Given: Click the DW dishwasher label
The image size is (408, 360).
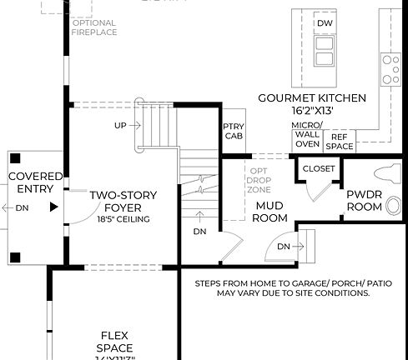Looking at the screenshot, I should [x=325, y=22].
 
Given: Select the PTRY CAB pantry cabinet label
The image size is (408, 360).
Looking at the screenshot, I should [x=234, y=132].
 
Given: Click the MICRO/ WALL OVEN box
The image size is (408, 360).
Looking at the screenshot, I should [x=306, y=135].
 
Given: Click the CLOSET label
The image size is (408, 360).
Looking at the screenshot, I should [x=318, y=169].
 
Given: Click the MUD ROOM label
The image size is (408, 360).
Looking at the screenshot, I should [x=271, y=212].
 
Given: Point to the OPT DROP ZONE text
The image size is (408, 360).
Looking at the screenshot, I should [x=258, y=179].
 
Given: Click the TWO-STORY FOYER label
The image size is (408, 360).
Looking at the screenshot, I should [x=123, y=201].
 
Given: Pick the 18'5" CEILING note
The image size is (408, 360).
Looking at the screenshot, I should [x=123, y=219].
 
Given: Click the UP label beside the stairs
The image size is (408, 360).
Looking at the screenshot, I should [x=119, y=126].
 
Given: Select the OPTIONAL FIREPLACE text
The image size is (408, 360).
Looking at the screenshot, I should [x=94, y=27].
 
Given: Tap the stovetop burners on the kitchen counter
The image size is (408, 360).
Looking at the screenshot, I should [x=390, y=69].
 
